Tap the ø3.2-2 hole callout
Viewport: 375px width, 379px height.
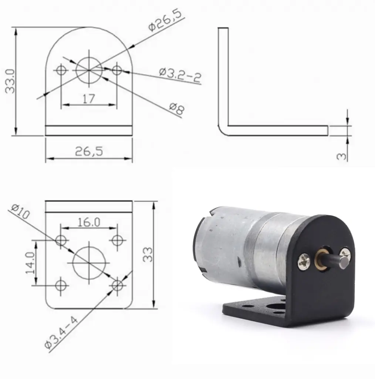coord(180,74)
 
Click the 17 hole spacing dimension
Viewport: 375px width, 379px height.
coord(89,98)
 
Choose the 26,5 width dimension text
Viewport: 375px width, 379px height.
coord(89,151)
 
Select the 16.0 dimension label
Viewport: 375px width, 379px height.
coord(89,222)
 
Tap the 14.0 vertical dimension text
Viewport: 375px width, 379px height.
coord(30,262)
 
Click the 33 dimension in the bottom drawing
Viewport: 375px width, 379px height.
coord(148,255)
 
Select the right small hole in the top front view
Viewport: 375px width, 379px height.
coord(117,70)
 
